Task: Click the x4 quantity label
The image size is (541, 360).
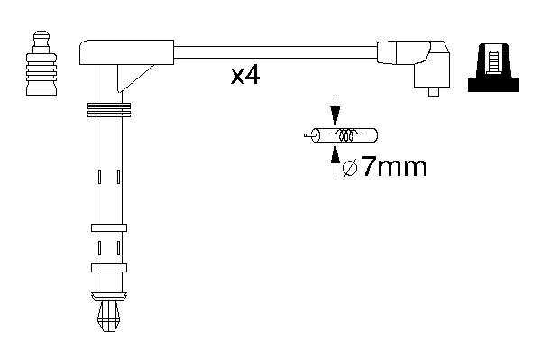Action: pyautogui.click(x=245, y=76)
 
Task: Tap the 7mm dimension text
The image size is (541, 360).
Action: pyautogui.click(x=394, y=167)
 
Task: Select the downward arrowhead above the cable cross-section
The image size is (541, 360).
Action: pyautogui.click(x=335, y=114)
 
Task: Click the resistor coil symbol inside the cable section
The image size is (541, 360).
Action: pyautogui.click(x=346, y=134)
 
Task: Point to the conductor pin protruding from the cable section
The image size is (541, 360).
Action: pyautogui.click(x=309, y=135)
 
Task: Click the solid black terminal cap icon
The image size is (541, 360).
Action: pyautogui.click(x=493, y=68)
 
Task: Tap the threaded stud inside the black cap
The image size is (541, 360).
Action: pyautogui.click(x=494, y=61)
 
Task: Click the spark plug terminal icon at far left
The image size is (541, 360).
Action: pyautogui.click(x=41, y=63)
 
